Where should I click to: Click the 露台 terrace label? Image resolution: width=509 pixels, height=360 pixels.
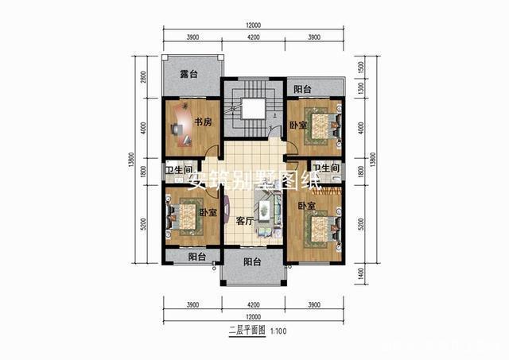tap(188, 75)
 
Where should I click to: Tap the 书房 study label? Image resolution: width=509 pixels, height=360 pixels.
tap(202, 122)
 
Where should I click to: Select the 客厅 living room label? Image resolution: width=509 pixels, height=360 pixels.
tap(244, 222)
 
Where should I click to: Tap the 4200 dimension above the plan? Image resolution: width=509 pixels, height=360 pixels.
tap(253, 38)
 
